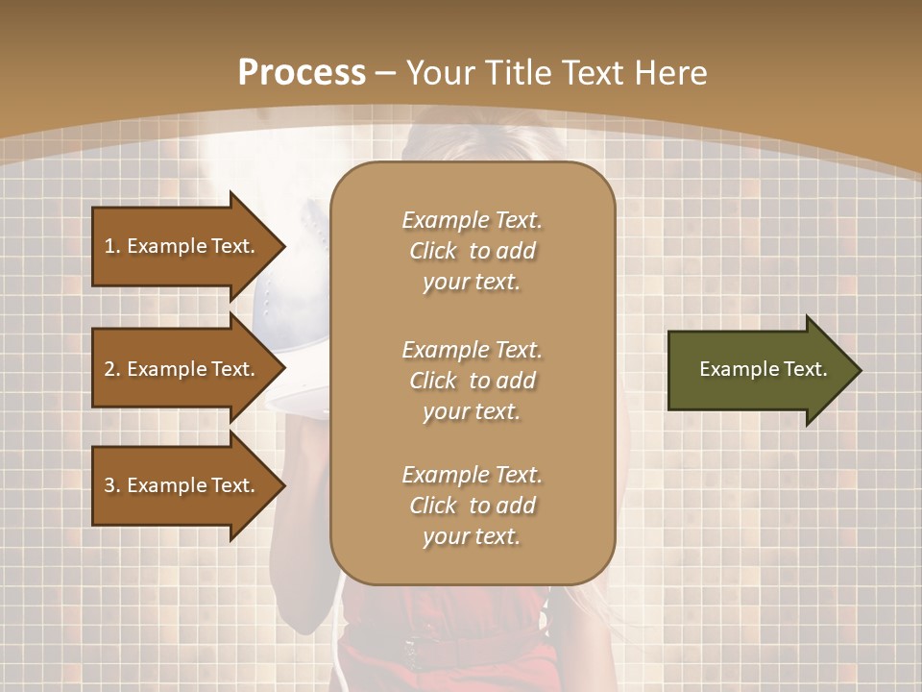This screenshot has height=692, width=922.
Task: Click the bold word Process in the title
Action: (302, 73)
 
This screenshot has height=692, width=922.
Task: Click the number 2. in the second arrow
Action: (112, 369)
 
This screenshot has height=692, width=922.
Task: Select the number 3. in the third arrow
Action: (112, 485)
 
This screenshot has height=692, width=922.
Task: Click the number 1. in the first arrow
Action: (111, 246)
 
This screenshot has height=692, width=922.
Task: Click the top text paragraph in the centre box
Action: (472, 251)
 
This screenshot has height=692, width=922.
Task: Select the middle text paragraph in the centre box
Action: (472, 381)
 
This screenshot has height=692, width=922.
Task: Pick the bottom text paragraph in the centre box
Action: (472, 506)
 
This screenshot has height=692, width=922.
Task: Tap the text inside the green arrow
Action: (763, 369)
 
